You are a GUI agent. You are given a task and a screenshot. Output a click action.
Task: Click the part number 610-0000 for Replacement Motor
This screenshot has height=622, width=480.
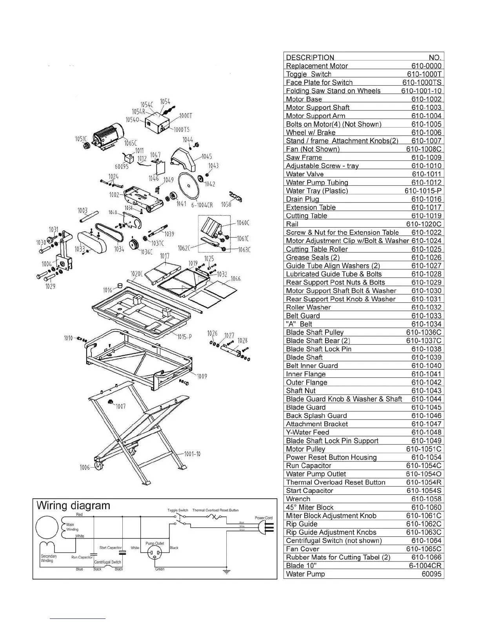pos(426,66)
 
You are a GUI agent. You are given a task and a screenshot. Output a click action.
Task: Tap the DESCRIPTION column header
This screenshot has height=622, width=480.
pos(310,57)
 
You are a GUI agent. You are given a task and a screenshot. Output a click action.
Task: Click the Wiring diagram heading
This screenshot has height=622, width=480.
pos(73,506)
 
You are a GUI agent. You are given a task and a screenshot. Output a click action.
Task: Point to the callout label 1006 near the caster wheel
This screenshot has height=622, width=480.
pos(84,467)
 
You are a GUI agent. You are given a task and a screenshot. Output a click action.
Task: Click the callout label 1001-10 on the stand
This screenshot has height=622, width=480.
pos(192,454)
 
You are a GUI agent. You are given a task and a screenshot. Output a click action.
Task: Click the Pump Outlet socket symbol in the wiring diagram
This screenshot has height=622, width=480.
pos(155,553)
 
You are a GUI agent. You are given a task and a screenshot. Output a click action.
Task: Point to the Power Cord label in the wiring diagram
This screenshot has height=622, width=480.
pos(264,518)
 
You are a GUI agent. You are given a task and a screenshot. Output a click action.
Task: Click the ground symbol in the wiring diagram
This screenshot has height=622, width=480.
pos(226,571)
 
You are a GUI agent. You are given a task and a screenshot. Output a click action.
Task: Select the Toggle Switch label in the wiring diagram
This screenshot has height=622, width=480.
pos(178,510)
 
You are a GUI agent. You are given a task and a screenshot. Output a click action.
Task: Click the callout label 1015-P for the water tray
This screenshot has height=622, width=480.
pos(184,337)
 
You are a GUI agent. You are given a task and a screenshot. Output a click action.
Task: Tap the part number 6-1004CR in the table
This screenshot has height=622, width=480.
pos(425,566)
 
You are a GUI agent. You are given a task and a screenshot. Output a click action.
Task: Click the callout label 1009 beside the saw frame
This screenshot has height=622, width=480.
pos(202,376)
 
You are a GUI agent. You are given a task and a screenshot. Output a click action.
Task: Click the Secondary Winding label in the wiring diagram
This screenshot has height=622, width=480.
pos(49,558)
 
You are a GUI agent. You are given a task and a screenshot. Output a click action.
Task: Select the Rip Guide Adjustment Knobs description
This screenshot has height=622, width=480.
pos(331,532)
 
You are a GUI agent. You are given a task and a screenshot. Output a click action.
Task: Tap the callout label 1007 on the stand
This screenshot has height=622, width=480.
pos(120,406)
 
